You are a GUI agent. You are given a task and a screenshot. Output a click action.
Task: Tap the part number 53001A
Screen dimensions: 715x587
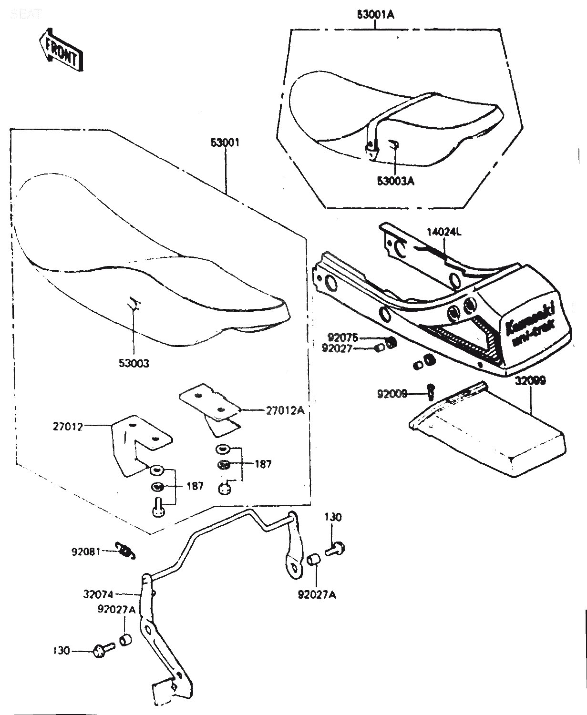[376, 15]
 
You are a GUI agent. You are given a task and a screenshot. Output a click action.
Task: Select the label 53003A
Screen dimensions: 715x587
[395, 181]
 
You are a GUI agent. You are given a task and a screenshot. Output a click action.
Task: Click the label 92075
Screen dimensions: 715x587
[342, 337]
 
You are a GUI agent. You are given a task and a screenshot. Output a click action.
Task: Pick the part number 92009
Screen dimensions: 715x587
[392, 394]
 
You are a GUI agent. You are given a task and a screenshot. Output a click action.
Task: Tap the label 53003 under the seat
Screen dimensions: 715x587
[134, 363]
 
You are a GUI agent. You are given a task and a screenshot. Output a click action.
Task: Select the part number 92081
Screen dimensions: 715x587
[86, 552]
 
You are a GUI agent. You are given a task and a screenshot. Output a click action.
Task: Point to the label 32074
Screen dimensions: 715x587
[98, 594]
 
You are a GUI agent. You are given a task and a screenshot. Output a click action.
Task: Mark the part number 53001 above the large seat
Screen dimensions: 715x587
[225, 143]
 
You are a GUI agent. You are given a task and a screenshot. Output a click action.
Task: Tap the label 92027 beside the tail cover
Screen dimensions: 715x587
[337, 348]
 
